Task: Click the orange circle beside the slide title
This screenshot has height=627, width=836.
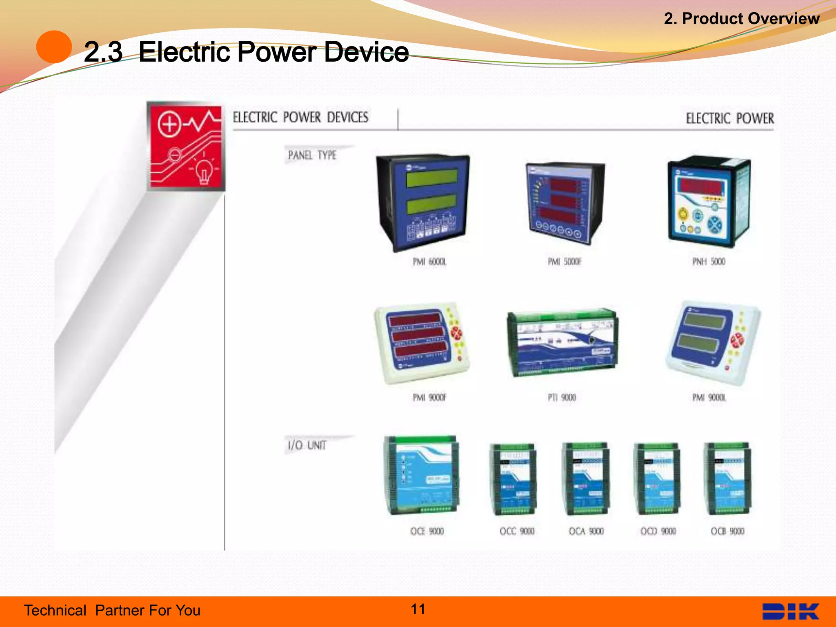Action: pos(54,47)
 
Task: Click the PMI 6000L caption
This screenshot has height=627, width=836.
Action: pos(429,262)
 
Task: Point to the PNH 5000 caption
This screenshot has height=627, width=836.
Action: pos(709,262)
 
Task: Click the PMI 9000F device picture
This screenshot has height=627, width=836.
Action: pos(421,343)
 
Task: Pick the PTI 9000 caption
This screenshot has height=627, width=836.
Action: pos(562,398)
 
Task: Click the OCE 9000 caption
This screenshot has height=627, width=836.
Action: pos(427,531)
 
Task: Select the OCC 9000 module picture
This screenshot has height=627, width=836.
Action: pos(513,479)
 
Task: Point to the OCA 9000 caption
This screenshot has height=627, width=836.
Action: pos(586,531)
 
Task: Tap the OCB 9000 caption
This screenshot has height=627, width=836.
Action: pos(727,531)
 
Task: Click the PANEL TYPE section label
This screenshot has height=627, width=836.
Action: pos(312,155)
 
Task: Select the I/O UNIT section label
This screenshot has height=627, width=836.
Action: pos(307,445)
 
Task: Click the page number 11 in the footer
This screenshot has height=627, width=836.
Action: pos(418,609)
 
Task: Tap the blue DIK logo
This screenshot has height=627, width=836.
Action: pos(790,611)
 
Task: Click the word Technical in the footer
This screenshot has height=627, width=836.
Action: pos(55,610)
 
